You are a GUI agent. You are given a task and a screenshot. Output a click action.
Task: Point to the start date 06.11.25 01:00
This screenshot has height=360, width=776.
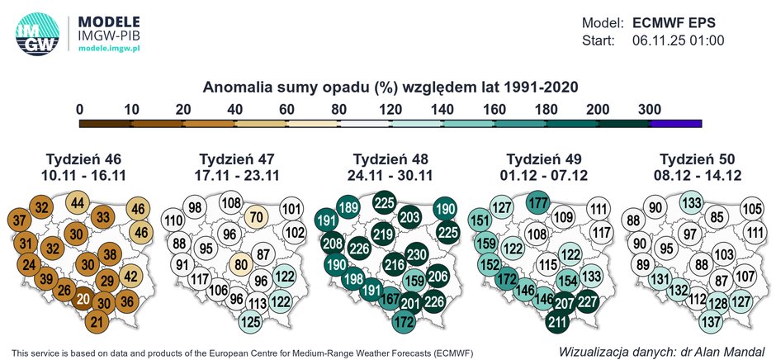[x=678, y=40]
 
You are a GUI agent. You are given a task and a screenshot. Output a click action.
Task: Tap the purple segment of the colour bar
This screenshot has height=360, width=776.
[x=675, y=123]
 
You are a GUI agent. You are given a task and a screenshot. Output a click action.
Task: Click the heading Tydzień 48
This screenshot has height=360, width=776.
[x=388, y=159]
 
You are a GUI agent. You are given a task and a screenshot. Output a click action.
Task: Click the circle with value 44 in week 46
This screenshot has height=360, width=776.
[x=78, y=203]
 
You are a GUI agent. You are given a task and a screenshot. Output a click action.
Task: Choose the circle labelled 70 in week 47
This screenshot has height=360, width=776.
[x=256, y=217]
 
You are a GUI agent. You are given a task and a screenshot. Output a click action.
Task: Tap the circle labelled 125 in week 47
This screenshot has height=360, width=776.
[x=250, y=321]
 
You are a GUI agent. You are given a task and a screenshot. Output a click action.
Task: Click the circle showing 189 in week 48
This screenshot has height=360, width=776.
[x=349, y=208]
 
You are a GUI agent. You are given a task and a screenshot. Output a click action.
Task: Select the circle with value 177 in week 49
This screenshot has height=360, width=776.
[x=537, y=203]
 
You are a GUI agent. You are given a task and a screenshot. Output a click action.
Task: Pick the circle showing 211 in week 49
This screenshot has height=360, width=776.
[x=557, y=321]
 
